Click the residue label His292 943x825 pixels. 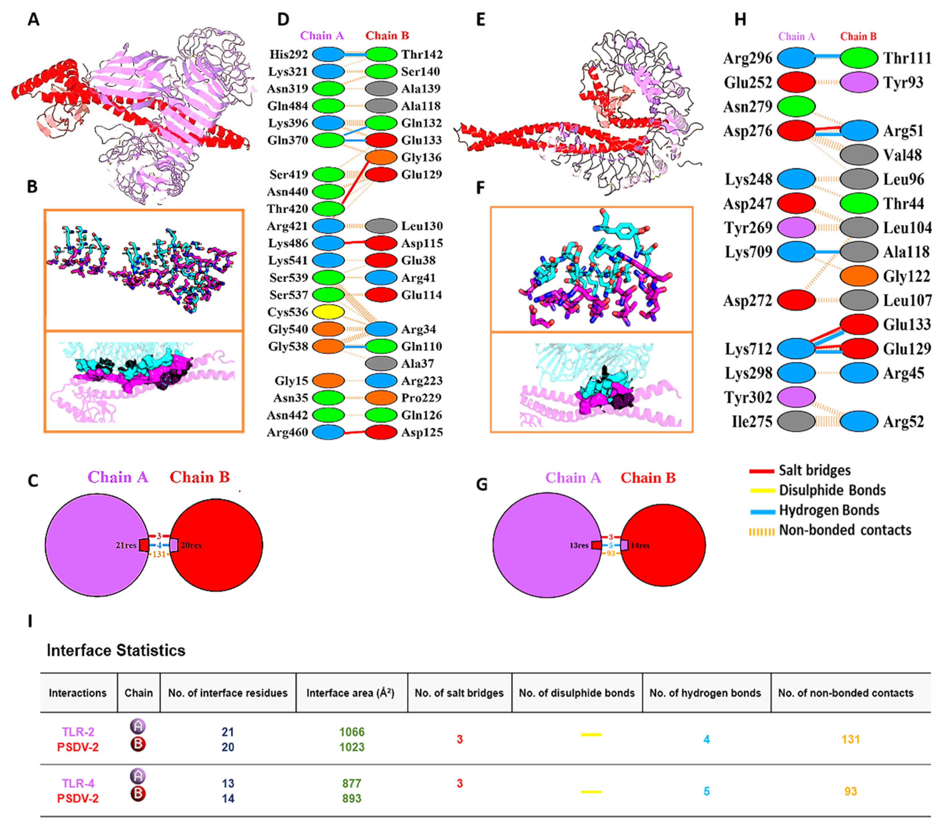click(288, 54)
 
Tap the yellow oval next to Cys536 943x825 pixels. click(328, 312)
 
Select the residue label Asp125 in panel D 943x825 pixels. click(421, 432)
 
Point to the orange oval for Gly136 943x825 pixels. click(381, 157)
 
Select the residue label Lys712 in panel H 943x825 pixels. click(748, 349)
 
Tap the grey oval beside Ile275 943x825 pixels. click(796, 421)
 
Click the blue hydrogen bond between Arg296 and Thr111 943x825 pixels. click(828, 57)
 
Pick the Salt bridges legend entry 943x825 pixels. click(814, 471)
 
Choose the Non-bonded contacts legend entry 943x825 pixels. click(845, 530)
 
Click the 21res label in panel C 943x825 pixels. click(126, 545)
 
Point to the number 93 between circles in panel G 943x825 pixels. click(610, 553)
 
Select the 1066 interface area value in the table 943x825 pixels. click(352, 732)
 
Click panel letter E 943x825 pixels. click(481, 20)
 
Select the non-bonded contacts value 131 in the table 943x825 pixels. click(851, 739)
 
